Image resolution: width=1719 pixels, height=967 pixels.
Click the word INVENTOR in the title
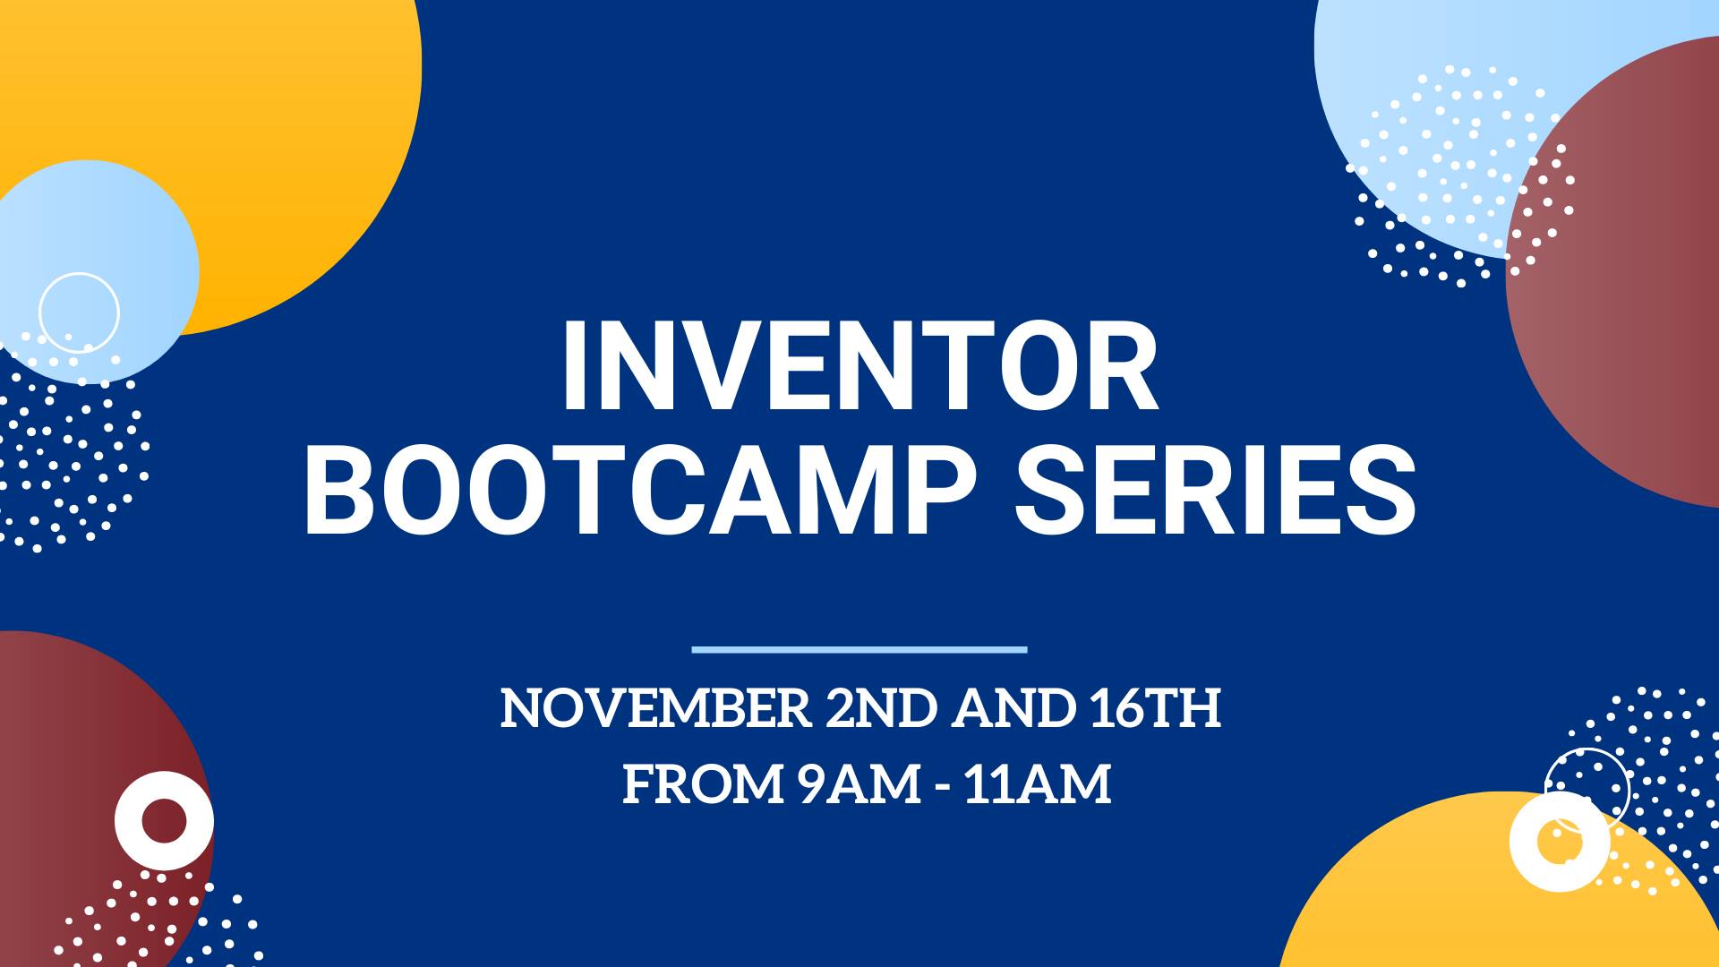[859, 368]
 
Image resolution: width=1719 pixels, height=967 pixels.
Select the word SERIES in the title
[1215, 492]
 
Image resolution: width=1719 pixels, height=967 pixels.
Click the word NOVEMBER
[655, 708]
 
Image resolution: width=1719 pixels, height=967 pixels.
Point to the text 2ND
[881, 708]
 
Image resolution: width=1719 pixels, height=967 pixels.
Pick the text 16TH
[1155, 708]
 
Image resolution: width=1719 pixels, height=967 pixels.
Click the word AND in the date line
[1013, 708]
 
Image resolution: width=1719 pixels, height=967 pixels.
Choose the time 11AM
[1039, 784]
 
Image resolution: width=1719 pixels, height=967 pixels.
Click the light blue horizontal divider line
[859, 649]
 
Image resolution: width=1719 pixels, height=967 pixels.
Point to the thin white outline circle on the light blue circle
[41, 312]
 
